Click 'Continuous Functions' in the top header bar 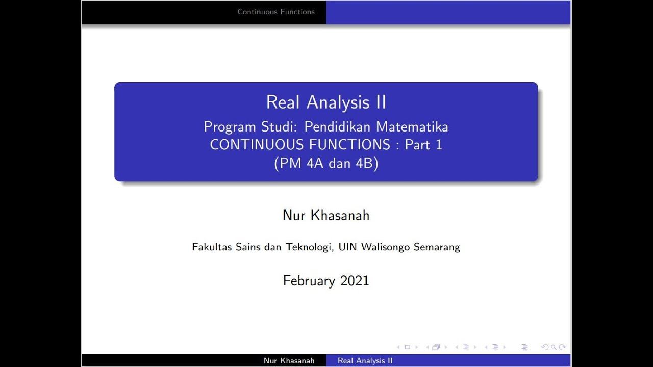pyautogui.click(x=276, y=12)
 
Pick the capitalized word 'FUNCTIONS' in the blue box pyautogui.click(x=349, y=145)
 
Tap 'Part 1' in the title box pyautogui.click(x=423, y=145)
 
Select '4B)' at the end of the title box pyautogui.click(x=367, y=163)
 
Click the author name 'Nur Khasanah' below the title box pyautogui.click(x=326, y=215)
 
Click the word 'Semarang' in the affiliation pyautogui.click(x=437, y=247)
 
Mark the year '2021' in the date pyautogui.click(x=355, y=281)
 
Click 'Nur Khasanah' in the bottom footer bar pyautogui.click(x=289, y=361)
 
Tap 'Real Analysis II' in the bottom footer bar pyautogui.click(x=365, y=361)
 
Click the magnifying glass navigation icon pyautogui.click(x=554, y=347)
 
